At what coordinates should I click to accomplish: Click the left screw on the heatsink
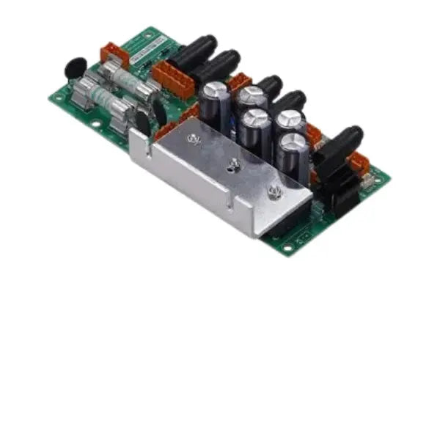(194, 139)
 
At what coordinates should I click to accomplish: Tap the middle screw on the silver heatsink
(233, 166)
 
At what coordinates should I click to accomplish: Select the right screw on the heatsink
(275, 192)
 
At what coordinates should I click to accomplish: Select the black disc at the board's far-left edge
(74, 68)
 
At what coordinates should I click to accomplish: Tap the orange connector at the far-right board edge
(358, 163)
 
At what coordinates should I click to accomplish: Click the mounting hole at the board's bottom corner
(287, 247)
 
